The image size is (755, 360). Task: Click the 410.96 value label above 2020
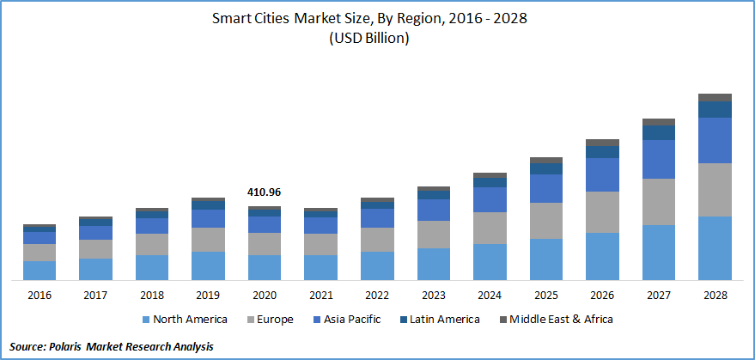tap(264, 192)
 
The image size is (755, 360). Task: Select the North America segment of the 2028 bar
tap(715, 247)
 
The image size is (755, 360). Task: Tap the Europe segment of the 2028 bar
tap(715, 189)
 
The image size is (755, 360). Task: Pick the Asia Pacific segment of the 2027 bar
tap(659, 159)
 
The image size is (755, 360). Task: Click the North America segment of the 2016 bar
tap(40, 270)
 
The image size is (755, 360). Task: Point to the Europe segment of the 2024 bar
tap(490, 228)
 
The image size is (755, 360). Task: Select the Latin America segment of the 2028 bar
tap(715, 109)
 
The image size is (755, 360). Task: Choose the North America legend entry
tap(184, 319)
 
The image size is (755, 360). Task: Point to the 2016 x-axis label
tap(40, 295)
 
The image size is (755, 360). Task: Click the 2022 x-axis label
tap(377, 295)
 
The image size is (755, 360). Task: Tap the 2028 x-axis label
tap(715, 295)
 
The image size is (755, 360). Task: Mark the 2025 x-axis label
tap(545, 295)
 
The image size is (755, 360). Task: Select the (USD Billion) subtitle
tap(377, 39)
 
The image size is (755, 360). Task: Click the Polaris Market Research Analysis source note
tap(109, 345)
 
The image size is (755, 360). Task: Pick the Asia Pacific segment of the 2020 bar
tap(264, 223)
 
